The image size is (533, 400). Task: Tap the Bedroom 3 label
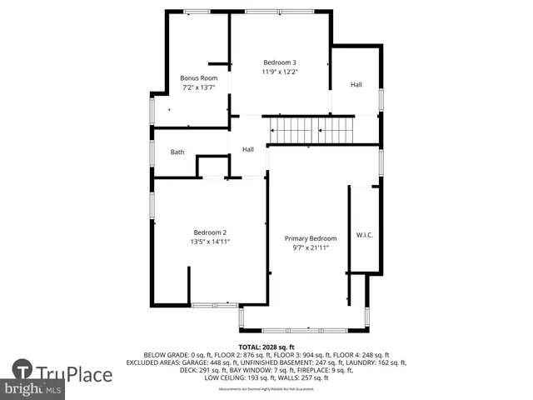point(280,62)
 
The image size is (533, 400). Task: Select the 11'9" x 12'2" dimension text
point(280,72)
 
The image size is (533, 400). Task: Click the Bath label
point(177,152)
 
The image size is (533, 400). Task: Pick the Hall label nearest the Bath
point(248,149)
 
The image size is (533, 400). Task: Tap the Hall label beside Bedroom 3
point(356,84)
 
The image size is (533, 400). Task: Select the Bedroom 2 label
point(210,232)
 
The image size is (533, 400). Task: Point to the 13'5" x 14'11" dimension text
point(210,242)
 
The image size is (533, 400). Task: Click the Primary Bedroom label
point(311,238)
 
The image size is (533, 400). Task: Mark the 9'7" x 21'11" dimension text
point(311,247)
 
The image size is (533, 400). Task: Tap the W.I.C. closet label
point(365,235)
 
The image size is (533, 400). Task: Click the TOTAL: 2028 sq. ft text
point(266,347)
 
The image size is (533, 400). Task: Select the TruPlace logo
point(62,372)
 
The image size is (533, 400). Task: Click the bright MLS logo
point(33,389)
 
